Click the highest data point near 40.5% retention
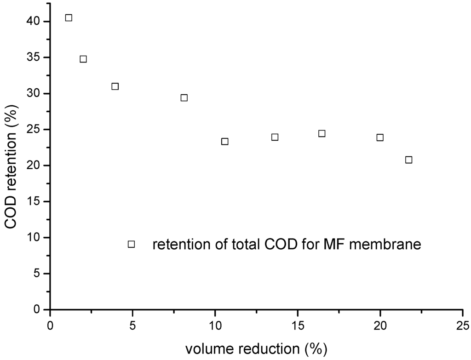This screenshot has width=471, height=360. click(69, 18)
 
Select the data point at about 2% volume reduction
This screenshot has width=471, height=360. click(83, 59)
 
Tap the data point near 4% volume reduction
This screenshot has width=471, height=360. click(115, 86)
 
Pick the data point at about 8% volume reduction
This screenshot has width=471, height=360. click(184, 97)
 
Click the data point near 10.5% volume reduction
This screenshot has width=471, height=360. click(224, 141)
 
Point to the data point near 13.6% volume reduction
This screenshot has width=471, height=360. click(275, 137)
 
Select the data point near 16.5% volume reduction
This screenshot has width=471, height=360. click(322, 133)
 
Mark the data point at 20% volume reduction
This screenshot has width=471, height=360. click(380, 137)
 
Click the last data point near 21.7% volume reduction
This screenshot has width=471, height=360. click(408, 160)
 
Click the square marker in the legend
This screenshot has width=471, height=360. click(131, 244)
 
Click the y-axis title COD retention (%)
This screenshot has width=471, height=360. click(13, 164)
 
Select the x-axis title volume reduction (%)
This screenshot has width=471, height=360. click(256, 349)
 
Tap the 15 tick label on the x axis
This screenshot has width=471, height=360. click(298, 326)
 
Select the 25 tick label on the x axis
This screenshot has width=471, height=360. click(463, 326)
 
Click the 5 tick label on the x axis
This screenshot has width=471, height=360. click(132, 326)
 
